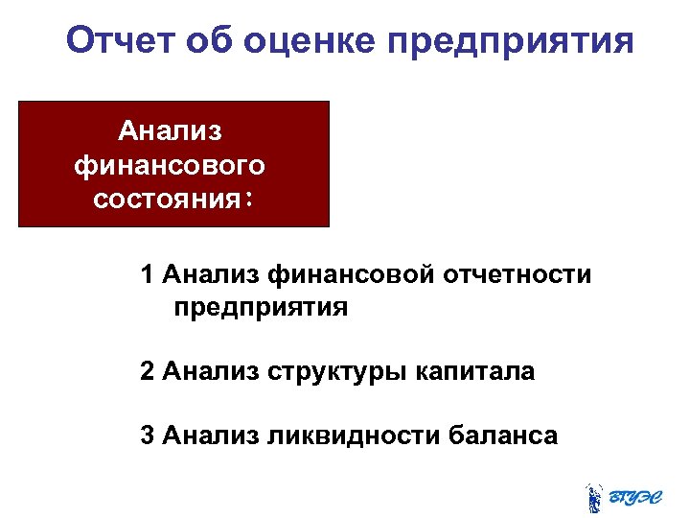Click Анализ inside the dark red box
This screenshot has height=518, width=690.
tap(170, 131)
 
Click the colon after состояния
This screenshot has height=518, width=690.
tap(247, 199)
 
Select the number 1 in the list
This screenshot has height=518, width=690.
tap(147, 275)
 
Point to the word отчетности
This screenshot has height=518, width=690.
tap(518, 275)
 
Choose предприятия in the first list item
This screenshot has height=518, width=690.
tap(261, 309)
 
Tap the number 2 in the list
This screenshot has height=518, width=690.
tap(147, 371)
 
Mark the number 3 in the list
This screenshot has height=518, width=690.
tap(147, 436)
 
